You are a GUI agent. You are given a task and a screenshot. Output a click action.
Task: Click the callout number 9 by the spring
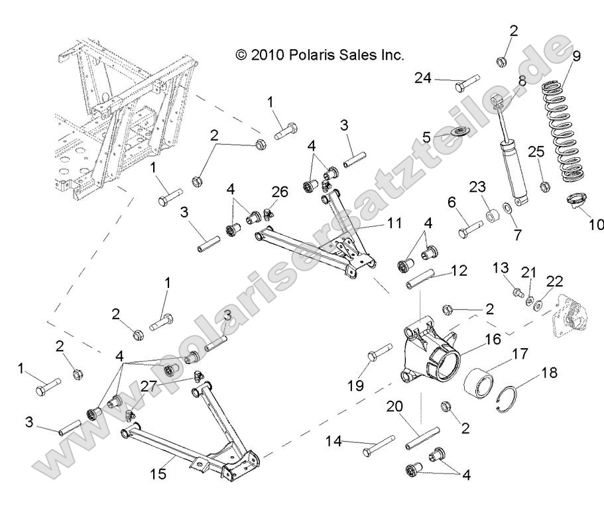[576, 56]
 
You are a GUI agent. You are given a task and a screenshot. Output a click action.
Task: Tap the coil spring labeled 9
[566, 129]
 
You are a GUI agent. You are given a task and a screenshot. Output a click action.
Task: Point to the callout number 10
[595, 225]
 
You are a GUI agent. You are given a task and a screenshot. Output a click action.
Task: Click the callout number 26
[280, 192]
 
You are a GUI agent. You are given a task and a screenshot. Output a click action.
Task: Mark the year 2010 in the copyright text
[267, 55]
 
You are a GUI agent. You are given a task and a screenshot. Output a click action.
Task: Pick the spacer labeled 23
[492, 216]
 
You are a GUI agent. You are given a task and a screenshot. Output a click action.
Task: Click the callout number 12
[459, 271]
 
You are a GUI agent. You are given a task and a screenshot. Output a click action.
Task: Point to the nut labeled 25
[544, 186]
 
